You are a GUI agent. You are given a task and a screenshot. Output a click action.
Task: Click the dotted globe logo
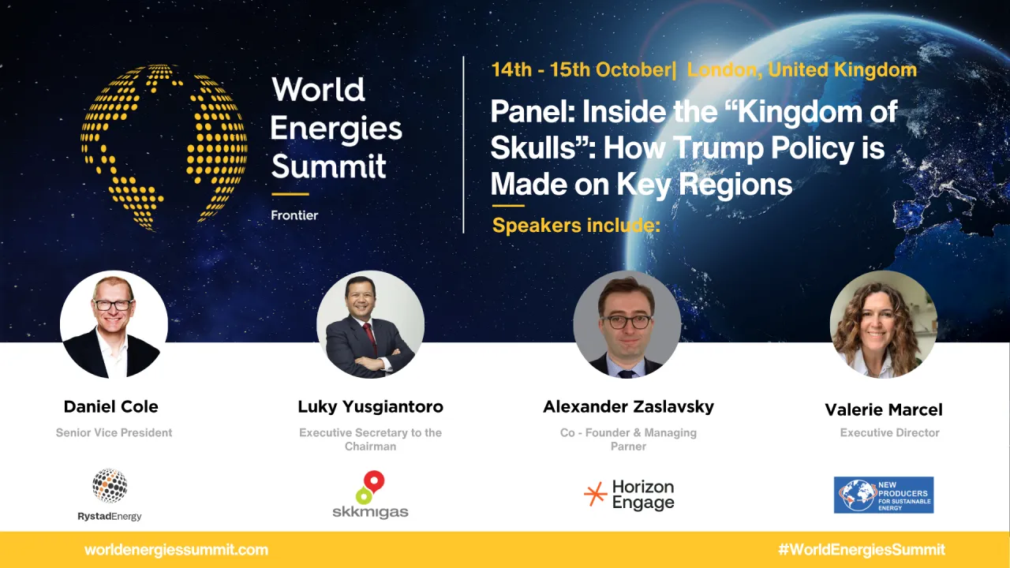(164, 147)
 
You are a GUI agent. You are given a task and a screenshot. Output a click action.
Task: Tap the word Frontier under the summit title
(294, 215)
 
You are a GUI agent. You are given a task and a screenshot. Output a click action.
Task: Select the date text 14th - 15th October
(582, 70)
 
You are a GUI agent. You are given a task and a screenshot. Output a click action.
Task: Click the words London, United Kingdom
(802, 70)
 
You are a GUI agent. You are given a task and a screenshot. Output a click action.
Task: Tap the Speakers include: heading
(576, 226)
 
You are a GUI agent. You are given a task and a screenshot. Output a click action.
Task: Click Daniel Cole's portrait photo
(114, 324)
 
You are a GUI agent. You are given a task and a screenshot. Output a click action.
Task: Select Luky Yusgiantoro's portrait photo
(370, 324)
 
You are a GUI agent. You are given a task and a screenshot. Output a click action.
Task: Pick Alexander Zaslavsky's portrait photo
(627, 324)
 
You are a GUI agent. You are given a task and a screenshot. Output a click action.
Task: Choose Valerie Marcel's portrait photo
(883, 324)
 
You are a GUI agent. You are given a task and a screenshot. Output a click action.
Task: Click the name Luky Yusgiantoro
(370, 406)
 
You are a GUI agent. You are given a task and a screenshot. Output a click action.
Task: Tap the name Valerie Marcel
(884, 409)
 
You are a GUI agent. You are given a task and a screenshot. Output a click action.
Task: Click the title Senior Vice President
(114, 433)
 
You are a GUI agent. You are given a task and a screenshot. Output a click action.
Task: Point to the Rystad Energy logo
(110, 495)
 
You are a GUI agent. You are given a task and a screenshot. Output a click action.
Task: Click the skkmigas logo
(370, 495)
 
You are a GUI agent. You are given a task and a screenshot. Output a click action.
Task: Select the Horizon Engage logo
(629, 495)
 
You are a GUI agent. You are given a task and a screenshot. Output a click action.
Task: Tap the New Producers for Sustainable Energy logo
(883, 495)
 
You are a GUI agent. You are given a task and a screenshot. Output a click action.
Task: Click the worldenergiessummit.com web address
(176, 550)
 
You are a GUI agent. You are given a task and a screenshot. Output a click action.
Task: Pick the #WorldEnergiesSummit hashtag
(861, 550)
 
